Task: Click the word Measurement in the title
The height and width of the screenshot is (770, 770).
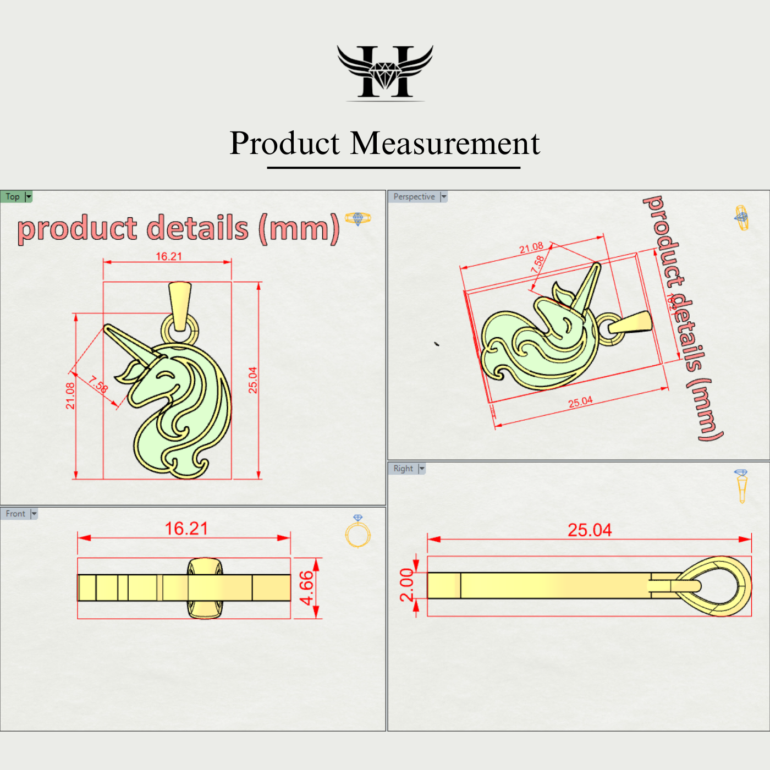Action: (445, 144)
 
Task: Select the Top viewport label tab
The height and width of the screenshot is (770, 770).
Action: (13, 197)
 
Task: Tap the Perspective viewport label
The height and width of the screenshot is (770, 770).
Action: (414, 197)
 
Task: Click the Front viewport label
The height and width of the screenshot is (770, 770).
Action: (15, 514)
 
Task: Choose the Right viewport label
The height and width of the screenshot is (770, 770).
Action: (403, 469)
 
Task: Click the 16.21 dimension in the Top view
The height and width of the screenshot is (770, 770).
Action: (168, 256)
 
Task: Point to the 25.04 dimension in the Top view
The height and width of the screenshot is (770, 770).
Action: (252, 380)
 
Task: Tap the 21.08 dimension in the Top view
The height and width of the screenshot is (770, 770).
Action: (70, 396)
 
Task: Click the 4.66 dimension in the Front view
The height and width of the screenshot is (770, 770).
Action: (306, 587)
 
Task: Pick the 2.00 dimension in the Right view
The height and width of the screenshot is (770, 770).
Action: (406, 585)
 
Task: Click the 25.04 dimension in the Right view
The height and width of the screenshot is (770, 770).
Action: (589, 530)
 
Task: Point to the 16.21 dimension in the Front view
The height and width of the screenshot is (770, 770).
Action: (186, 529)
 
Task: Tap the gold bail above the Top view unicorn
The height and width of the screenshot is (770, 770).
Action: (180, 305)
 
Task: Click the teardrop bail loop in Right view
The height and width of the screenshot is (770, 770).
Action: (715, 586)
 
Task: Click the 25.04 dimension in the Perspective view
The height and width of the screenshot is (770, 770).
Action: (580, 402)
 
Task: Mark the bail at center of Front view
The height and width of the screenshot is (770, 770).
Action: (205, 588)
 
